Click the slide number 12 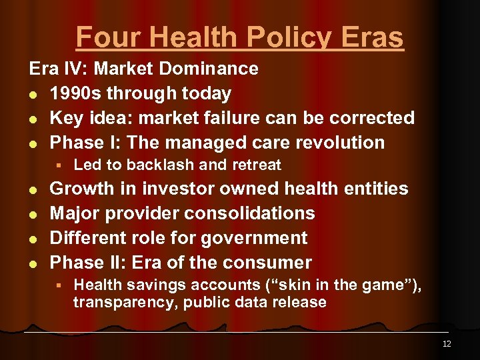(446, 344)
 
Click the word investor (169, 189)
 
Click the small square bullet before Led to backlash (59, 165)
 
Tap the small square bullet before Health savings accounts (59, 285)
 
